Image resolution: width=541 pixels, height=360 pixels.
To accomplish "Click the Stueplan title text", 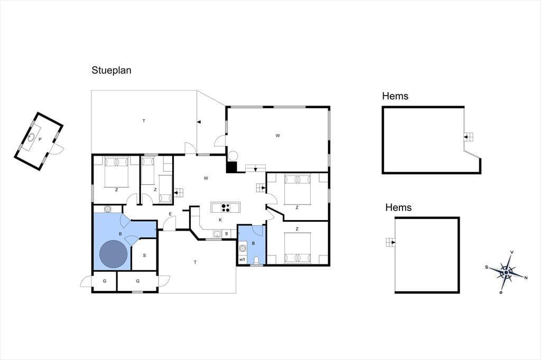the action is (x=111, y=70).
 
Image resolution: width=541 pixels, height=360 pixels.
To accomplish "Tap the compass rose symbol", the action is (x=506, y=272).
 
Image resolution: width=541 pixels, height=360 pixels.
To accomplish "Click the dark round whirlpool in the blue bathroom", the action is (x=114, y=254).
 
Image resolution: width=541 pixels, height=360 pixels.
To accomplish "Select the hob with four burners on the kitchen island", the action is (x=226, y=207).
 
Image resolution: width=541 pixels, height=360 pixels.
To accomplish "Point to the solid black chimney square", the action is (x=231, y=167).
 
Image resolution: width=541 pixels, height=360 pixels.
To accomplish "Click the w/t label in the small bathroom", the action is (x=242, y=260).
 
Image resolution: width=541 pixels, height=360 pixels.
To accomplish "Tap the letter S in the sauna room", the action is (x=144, y=255).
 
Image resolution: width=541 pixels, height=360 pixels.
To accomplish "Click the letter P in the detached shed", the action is (x=40, y=139).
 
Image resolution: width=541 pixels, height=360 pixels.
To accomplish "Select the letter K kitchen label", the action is (x=220, y=220).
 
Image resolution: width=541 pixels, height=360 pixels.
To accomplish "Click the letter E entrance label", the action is (x=170, y=214).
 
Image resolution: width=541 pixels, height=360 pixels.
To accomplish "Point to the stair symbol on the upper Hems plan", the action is (x=468, y=137).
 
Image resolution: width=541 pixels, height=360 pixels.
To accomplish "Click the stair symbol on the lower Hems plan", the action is (x=390, y=242).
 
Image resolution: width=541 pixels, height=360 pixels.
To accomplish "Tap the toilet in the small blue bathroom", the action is (x=256, y=260).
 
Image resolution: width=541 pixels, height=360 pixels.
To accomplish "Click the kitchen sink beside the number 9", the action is (x=217, y=234).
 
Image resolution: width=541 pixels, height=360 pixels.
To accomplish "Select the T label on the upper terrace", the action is (x=144, y=121).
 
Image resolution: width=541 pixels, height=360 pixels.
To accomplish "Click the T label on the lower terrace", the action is (x=195, y=262).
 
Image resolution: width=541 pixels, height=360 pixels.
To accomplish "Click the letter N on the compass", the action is (x=526, y=278).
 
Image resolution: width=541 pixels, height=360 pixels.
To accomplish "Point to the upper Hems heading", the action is (x=395, y=96).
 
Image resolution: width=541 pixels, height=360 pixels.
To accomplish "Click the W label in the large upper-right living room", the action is (x=278, y=136).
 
